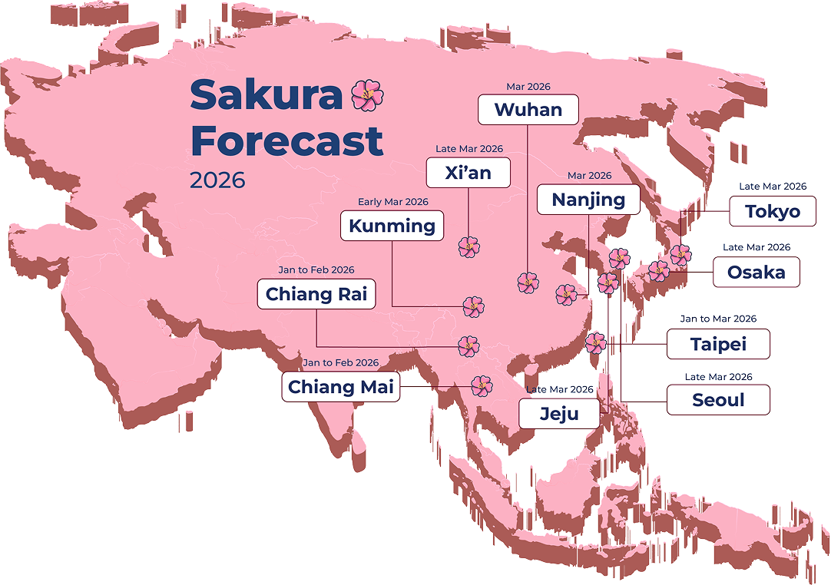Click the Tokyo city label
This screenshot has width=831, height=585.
pyautogui.click(x=773, y=212)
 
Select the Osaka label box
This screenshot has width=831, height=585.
pyautogui.click(x=756, y=273)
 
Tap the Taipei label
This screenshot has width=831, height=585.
pyautogui.click(x=718, y=345)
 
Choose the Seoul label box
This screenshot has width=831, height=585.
pyautogui.click(x=718, y=400)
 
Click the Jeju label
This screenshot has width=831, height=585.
pyautogui.click(x=558, y=415)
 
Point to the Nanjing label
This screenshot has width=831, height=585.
pyautogui.click(x=588, y=200)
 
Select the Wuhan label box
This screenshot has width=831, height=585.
pyautogui.click(x=528, y=109)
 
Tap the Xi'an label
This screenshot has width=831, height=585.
pyautogui.click(x=468, y=173)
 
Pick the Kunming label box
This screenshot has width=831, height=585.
pyautogui.click(x=392, y=226)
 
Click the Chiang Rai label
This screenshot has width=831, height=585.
pyautogui.click(x=316, y=294)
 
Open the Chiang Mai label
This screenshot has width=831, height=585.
pyautogui.click(x=340, y=387)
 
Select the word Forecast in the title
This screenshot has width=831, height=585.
pyautogui.click(x=286, y=141)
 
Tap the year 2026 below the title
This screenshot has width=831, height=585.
pyautogui.click(x=217, y=180)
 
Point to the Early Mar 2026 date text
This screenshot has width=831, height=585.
pyautogui.click(x=392, y=202)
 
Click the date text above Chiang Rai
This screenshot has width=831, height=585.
pyautogui.click(x=316, y=270)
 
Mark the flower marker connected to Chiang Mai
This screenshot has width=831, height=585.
pyautogui.click(x=481, y=385)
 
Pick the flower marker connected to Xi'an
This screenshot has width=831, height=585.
pyautogui.click(x=468, y=247)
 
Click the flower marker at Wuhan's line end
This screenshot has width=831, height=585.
pyautogui.click(x=528, y=283)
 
